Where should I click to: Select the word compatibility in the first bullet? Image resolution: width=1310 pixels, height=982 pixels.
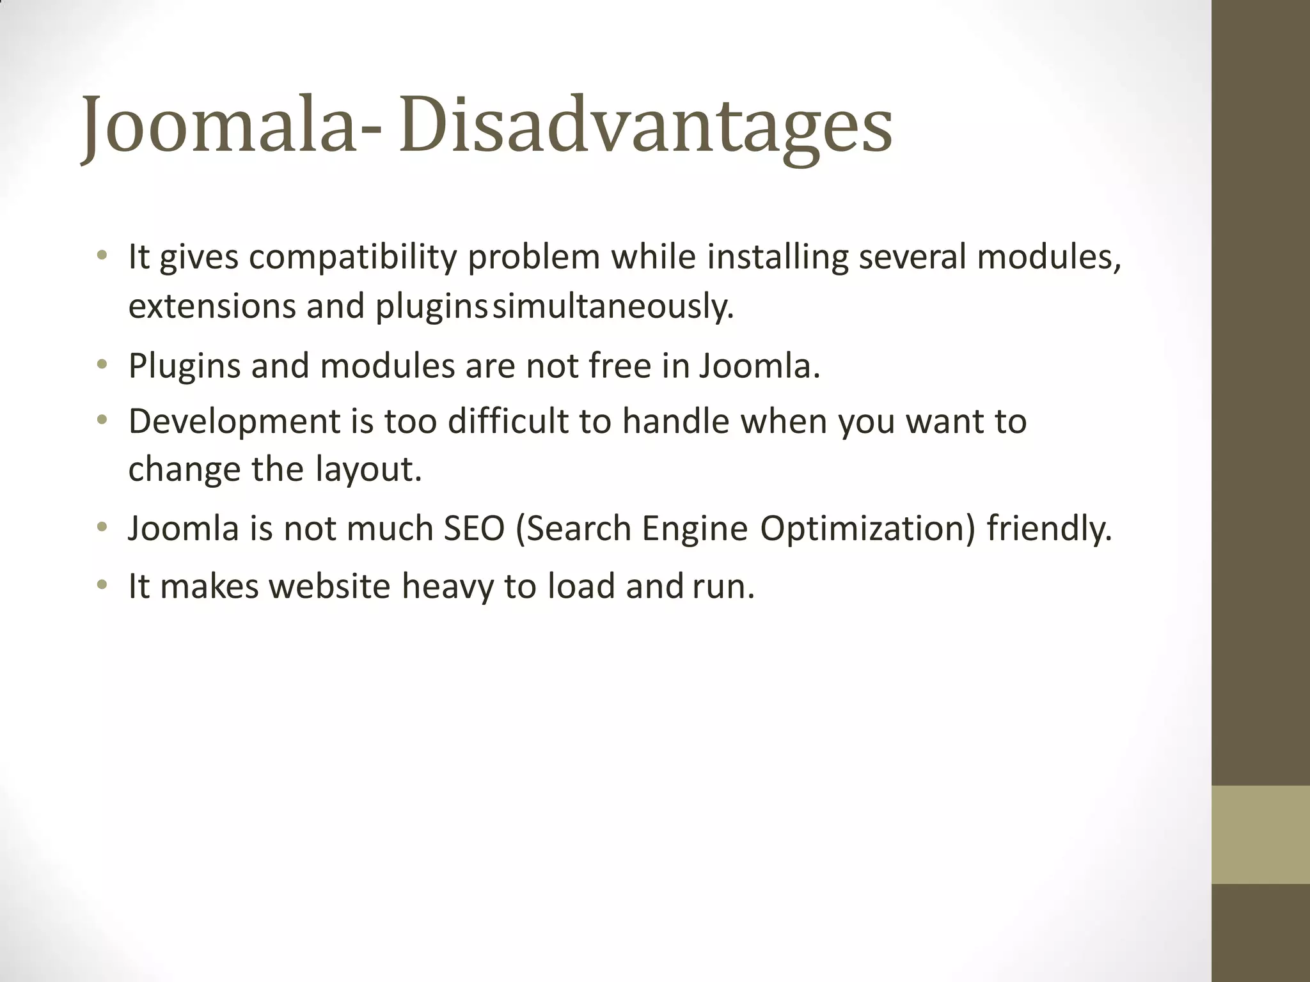click(x=352, y=258)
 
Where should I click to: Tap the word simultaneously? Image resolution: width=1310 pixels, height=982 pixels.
click(x=612, y=306)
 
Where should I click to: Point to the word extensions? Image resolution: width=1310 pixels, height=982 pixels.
click(x=212, y=306)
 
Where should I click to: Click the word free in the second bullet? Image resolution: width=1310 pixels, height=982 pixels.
click(x=619, y=366)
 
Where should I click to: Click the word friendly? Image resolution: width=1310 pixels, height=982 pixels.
click(x=1049, y=529)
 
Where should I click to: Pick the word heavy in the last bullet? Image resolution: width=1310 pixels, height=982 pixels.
click(x=447, y=586)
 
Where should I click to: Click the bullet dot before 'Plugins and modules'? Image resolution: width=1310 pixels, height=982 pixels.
click(x=101, y=365)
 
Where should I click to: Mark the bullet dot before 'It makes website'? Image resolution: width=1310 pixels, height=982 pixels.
click(x=101, y=585)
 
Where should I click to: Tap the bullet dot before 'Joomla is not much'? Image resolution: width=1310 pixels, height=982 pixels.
click(x=101, y=527)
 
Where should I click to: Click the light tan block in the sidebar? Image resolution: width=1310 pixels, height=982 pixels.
click(x=1261, y=834)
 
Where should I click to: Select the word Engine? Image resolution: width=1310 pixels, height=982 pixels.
click(x=695, y=529)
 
